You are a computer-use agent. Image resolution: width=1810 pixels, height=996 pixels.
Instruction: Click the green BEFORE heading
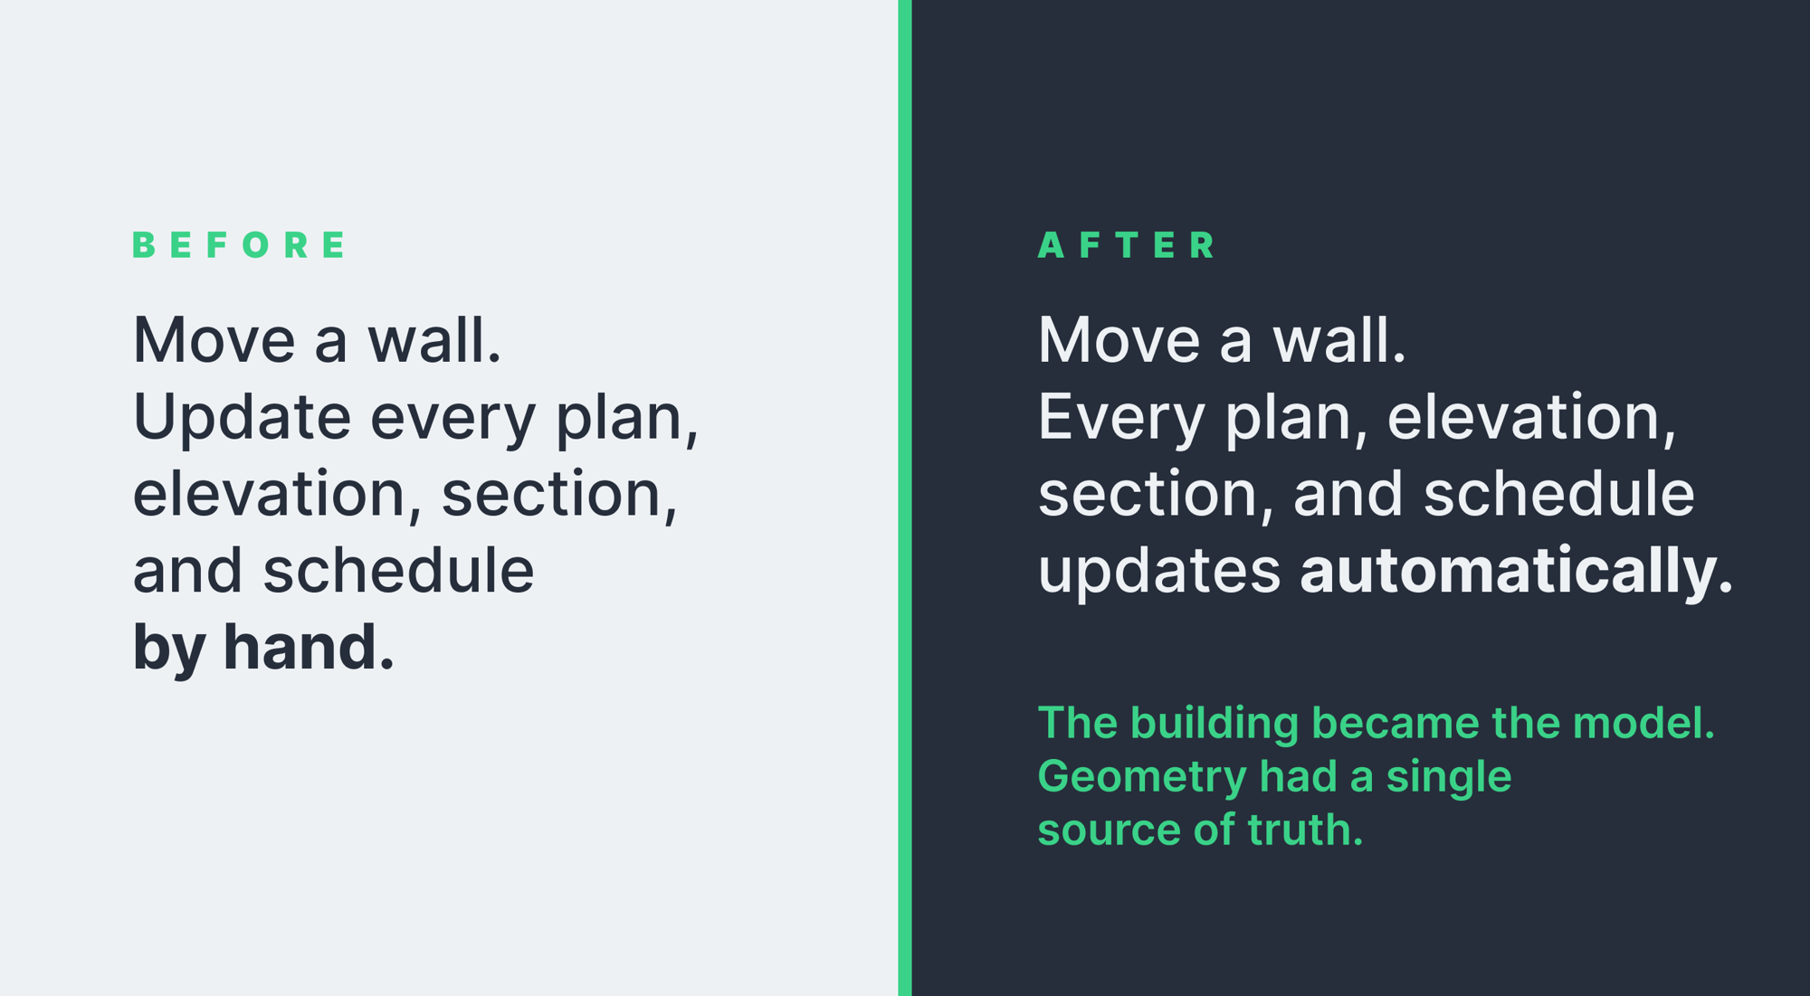click(x=239, y=245)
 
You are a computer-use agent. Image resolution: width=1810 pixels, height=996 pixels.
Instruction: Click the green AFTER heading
click(x=1128, y=245)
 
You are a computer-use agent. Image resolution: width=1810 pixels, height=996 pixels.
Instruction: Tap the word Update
click(x=242, y=417)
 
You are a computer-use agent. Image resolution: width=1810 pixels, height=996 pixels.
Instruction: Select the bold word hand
click(x=309, y=647)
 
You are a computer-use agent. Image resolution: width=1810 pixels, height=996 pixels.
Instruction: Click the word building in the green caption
click(x=1215, y=724)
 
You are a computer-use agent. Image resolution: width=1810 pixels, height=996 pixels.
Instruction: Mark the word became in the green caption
click(x=1395, y=723)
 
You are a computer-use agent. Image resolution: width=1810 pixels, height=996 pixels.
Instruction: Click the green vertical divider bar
click(x=905, y=498)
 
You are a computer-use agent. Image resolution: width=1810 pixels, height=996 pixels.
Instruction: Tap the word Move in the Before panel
click(x=214, y=340)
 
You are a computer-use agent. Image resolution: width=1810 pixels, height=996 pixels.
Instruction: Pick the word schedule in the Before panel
click(x=398, y=571)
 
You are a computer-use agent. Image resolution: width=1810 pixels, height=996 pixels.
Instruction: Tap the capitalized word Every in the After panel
click(x=1121, y=418)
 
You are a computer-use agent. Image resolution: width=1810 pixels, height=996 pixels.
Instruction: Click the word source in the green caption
click(x=1109, y=830)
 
